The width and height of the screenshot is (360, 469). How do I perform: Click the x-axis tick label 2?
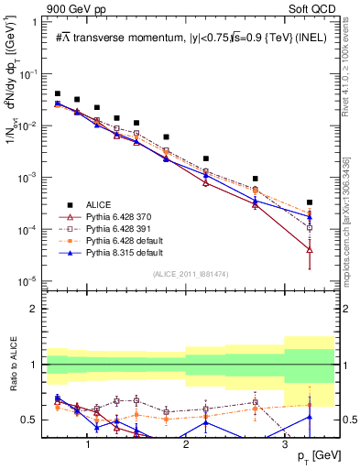point(186,444)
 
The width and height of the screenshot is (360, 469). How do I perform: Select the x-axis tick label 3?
point(285,444)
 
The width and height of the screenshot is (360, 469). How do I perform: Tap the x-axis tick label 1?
point(87,444)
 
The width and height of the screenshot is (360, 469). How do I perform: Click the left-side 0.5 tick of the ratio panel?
point(35,420)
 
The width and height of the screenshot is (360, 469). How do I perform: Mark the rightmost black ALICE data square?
point(310,202)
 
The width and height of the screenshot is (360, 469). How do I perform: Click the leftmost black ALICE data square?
point(58,93)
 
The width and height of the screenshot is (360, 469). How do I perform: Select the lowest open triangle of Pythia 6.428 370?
point(310,249)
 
